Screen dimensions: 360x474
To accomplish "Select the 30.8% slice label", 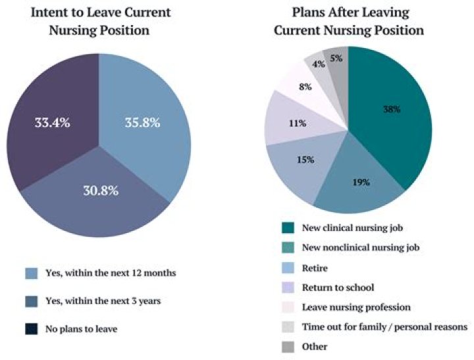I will (99, 192).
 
